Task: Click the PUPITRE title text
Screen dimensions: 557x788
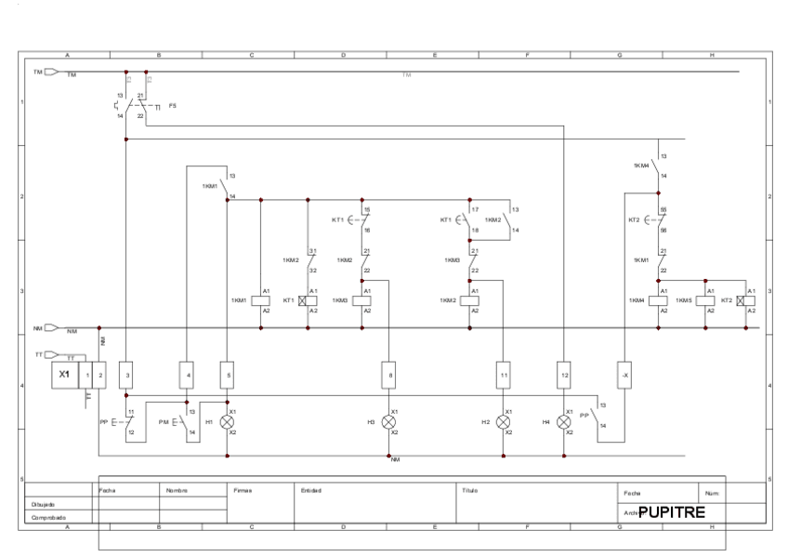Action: point(672,511)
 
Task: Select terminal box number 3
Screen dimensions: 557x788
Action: point(127,375)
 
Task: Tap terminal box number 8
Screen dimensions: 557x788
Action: point(388,375)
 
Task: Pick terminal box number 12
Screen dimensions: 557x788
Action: point(564,375)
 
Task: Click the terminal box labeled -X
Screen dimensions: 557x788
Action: point(624,375)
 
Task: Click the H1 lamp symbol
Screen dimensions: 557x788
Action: point(228,421)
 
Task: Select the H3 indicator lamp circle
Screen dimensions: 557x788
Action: point(388,421)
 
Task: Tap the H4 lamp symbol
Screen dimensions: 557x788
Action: point(564,421)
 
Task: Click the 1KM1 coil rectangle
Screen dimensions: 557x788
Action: point(261,300)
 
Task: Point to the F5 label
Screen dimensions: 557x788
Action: point(173,107)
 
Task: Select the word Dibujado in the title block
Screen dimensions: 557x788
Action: point(43,504)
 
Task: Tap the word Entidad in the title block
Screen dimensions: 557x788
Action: point(311,489)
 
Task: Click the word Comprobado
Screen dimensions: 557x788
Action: point(47,517)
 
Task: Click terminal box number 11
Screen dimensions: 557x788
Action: point(504,375)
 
